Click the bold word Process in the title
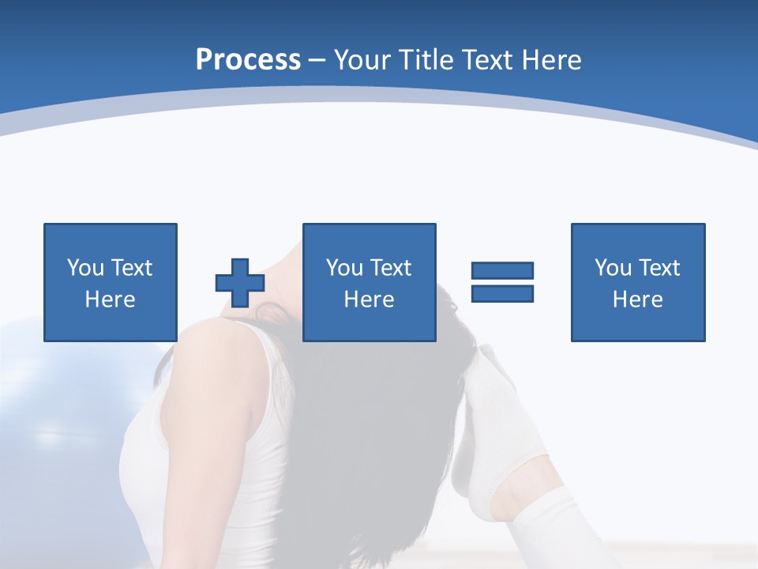248,60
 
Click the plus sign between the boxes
240,282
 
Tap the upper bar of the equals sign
502,270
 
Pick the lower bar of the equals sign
502,293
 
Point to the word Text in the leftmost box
131,268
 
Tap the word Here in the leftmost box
110,300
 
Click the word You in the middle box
344,268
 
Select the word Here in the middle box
369,300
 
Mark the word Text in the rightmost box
659,268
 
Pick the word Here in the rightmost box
638,300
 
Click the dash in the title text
317,61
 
